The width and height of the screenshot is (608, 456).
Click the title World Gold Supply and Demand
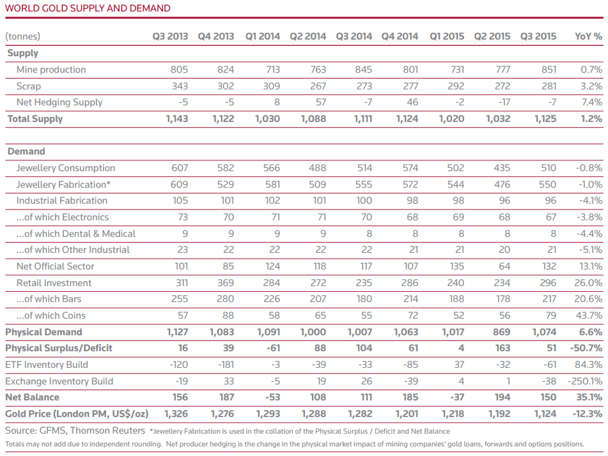click(88, 8)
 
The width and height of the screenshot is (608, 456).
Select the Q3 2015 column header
click(538, 36)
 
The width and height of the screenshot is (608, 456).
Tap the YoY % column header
click(588, 36)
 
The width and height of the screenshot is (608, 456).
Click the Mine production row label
click(51, 70)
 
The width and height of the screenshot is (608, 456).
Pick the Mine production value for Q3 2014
click(364, 70)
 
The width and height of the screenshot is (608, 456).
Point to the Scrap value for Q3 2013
click(180, 86)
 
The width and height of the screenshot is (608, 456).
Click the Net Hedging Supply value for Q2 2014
click(320, 102)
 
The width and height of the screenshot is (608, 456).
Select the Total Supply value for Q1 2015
click(451, 119)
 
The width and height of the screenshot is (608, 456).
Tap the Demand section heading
click(26, 151)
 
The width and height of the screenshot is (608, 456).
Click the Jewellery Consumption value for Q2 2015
click(502, 168)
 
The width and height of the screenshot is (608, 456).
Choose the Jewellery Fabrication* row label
click(63, 185)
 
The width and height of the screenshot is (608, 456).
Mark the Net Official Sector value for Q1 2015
click(456, 266)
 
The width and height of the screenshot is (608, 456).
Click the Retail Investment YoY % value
click(588, 283)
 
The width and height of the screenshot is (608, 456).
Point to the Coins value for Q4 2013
click(228, 315)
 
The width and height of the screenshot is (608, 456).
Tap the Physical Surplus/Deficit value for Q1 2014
click(273, 348)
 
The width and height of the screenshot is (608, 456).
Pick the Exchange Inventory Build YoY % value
click(585, 382)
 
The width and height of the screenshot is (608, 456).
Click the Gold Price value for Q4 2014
click(407, 414)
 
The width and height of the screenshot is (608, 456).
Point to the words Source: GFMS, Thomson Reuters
click(75, 431)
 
